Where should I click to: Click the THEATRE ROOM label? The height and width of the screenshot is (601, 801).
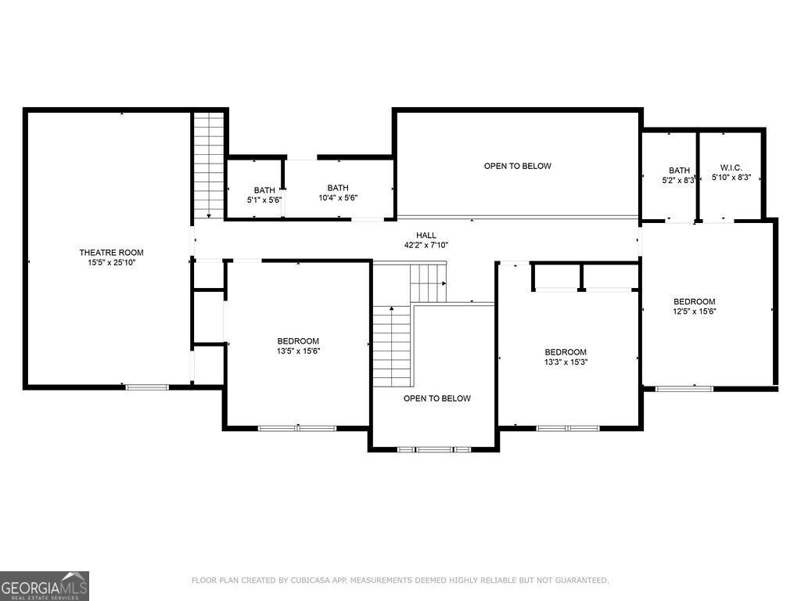coord(111,253)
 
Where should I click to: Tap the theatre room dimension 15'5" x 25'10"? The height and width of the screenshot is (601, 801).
coord(111,263)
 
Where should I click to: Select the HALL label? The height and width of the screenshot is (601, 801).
coord(426,235)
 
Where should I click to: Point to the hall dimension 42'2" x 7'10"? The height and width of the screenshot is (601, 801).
coord(426,245)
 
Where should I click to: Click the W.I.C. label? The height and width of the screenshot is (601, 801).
coord(731,167)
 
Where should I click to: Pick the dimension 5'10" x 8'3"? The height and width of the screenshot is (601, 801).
coord(731,178)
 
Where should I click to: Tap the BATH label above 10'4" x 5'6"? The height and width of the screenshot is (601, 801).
coord(338,188)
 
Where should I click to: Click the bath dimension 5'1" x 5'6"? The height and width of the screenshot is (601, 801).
coord(264,200)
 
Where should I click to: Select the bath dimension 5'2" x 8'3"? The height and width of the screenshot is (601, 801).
coord(678,181)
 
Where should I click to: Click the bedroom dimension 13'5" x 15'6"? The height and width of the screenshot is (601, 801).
coord(298,351)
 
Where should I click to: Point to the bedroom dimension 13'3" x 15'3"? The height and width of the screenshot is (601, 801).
coord(566,362)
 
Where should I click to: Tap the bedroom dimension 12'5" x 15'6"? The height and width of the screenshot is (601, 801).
coord(695,311)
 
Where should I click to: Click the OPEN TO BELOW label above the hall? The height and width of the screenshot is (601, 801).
coord(518,166)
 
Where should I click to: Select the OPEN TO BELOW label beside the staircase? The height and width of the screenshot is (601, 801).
coord(436,398)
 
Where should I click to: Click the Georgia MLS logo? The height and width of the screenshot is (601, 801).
coord(45,586)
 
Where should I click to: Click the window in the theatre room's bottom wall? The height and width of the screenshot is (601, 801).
coord(147,387)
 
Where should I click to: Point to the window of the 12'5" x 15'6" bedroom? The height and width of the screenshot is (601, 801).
coord(684,389)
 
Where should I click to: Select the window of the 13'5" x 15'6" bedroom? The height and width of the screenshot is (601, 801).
coord(297,428)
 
